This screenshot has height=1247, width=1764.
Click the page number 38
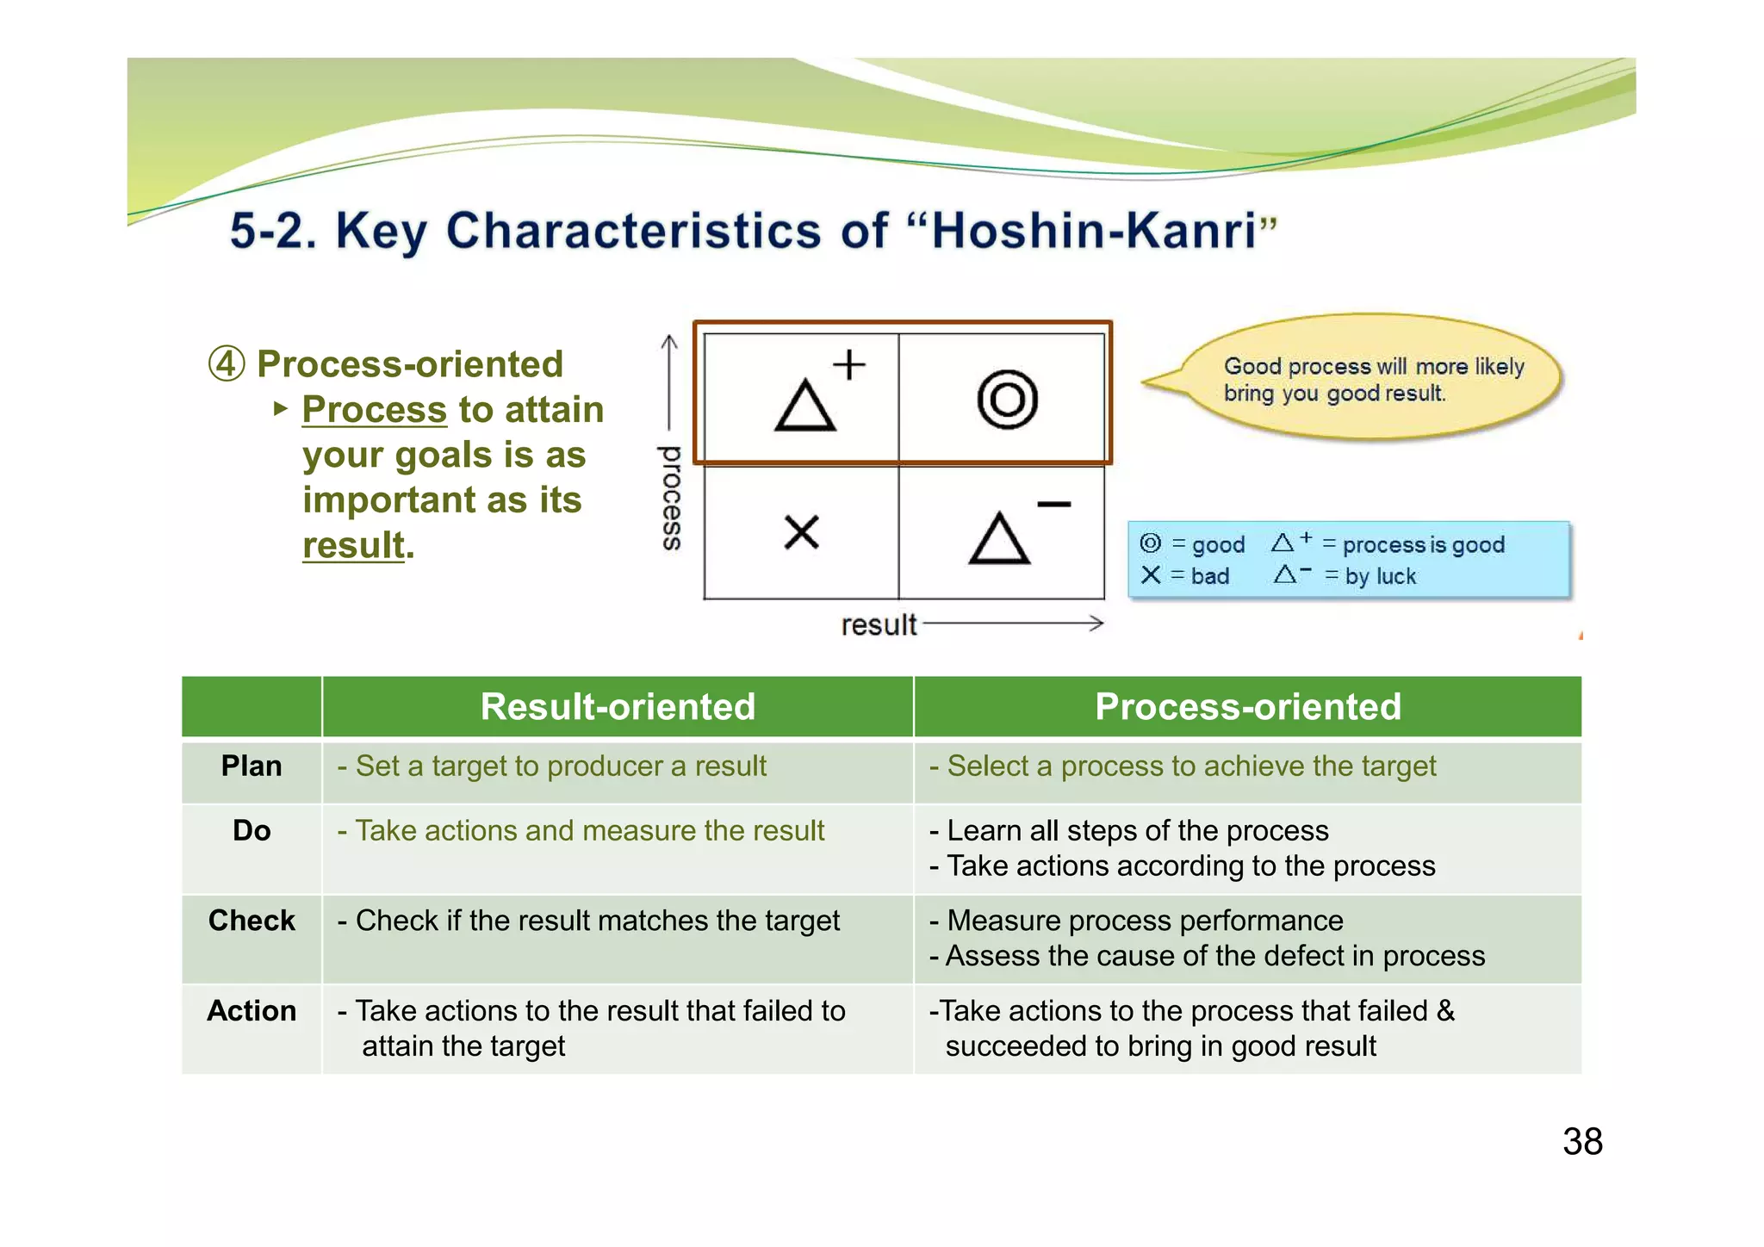click(1582, 1142)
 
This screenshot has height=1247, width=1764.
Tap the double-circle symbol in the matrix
click(1007, 400)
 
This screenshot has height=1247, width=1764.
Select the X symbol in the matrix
click(802, 532)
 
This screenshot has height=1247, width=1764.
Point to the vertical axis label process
click(671, 498)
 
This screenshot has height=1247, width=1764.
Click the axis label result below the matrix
click(878, 624)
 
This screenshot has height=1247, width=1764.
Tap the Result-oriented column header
click(618, 707)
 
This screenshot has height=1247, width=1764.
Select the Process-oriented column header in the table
click(1247, 707)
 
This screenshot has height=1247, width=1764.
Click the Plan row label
click(252, 766)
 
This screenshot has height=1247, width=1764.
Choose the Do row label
click(252, 831)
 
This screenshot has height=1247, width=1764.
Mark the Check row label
click(252, 921)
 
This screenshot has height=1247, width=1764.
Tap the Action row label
click(252, 1011)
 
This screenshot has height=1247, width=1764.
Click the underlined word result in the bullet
click(353, 546)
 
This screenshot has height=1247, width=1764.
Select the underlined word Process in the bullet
click(374, 410)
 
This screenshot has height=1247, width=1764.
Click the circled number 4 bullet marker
click(227, 364)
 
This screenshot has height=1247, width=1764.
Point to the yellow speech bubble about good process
click(1373, 379)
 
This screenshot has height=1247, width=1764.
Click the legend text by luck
click(1381, 576)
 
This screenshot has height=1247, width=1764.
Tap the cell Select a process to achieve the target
click(1191, 766)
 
